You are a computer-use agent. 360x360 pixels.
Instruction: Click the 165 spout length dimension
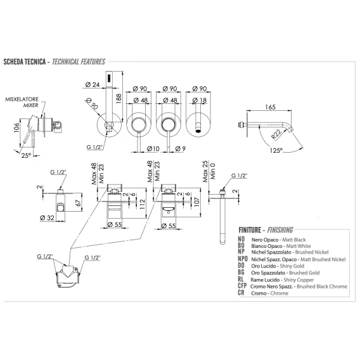click(x=270, y=107)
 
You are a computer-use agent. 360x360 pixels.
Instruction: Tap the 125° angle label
click(x=276, y=151)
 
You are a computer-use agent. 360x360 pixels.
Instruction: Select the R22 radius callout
click(x=276, y=134)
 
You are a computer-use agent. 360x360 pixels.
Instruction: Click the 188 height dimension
click(x=119, y=98)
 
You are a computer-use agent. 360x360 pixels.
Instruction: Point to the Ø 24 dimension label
click(x=93, y=85)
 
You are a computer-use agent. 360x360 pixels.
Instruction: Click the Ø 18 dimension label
click(x=200, y=100)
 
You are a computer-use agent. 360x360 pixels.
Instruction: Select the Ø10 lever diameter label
click(x=153, y=149)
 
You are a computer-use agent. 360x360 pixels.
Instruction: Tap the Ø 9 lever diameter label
click(x=180, y=149)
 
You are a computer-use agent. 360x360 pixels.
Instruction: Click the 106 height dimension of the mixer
click(x=16, y=128)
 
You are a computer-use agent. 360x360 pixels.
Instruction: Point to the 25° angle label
click(x=26, y=156)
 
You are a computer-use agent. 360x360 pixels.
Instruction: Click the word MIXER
click(x=31, y=105)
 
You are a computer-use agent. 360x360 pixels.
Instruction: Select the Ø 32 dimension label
click(x=47, y=218)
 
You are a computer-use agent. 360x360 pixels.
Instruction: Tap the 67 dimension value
click(x=79, y=203)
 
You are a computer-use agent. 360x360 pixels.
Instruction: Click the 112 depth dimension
click(x=142, y=204)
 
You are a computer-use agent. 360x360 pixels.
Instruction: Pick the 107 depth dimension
click(x=197, y=202)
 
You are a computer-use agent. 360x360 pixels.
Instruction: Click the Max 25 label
click(x=205, y=172)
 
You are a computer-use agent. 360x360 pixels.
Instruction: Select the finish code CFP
click(x=242, y=286)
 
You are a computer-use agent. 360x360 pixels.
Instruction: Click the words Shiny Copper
click(x=299, y=280)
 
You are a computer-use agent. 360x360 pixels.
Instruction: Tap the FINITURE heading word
click(x=250, y=230)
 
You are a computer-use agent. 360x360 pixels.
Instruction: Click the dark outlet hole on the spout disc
click(x=198, y=132)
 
